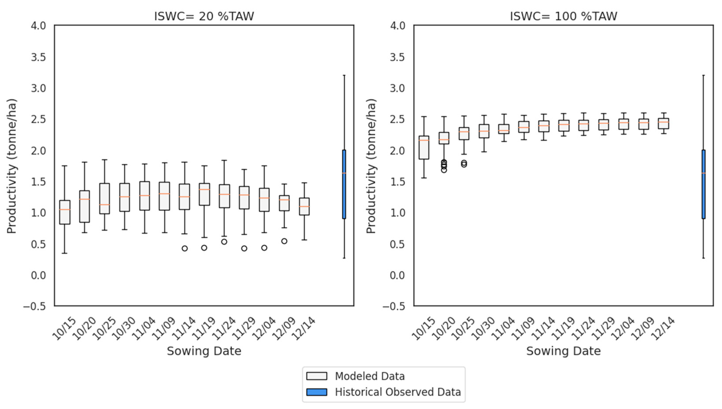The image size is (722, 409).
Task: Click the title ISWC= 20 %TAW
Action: (204, 16)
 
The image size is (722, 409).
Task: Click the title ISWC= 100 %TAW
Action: (563, 16)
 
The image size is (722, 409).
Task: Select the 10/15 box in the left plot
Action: (65, 212)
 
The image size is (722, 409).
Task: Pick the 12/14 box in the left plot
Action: (304, 206)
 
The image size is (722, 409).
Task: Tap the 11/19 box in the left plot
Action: (204, 194)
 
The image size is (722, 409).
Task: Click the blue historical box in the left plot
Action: (344, 184)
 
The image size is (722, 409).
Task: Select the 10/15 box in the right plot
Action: (424, 147)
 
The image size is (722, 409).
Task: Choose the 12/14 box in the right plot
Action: (663, 124)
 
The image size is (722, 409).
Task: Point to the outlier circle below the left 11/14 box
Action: (185, 248)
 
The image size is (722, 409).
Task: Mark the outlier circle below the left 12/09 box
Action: (284, 241)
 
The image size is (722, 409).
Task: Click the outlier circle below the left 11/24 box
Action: (224, 242)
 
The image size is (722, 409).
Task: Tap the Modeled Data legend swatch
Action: (317, 376)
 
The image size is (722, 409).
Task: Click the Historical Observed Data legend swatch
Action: (317, 392)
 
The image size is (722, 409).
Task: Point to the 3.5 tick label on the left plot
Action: (38, 57)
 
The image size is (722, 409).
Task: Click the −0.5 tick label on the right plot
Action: (394, 306)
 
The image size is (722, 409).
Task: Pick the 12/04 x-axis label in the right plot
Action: (622, 328)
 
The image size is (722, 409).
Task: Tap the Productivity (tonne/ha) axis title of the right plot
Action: (371, 166)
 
